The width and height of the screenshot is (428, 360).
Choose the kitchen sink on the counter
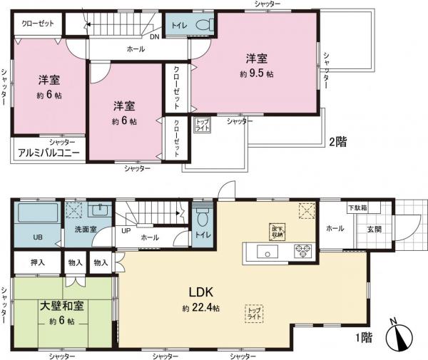(x=264, y=251)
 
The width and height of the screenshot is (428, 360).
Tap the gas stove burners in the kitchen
(x=302, y=251)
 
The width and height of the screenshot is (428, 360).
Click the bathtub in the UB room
(x=39, y=213)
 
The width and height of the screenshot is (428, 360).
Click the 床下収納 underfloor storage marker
(x=277, y=230)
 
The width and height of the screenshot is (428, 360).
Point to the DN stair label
(x=155, y=36)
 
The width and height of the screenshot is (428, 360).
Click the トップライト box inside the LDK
(x=254, y=313)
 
